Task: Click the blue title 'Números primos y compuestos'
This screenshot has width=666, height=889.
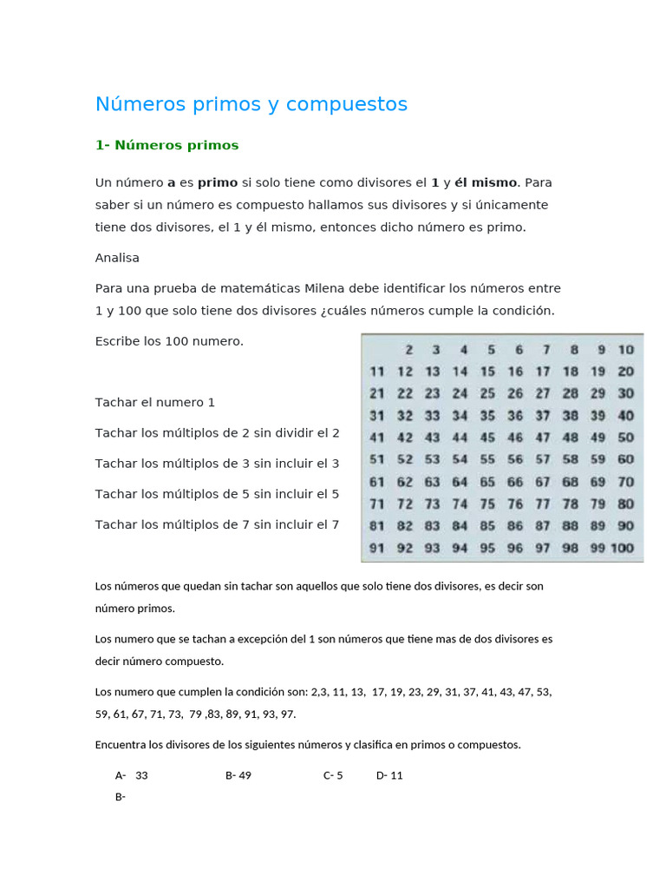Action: click(x=251, y=104)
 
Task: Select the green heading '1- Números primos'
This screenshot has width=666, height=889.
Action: click(x=166, y=145)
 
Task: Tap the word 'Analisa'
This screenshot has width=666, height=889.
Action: click(x=117, y=258)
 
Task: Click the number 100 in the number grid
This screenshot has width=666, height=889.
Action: click(x=622, y=548)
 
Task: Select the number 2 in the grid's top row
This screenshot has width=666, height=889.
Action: click(x=408, y=350)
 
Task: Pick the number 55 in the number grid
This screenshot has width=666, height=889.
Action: click(x=487, y=459)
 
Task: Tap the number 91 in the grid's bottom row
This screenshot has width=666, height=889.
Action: click(x=377, y=548)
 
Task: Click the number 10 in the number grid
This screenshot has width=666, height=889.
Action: click(x=625, y=350)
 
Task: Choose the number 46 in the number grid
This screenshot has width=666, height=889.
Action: click(x=515, y=438)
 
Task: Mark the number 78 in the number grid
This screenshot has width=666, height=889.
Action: click(x=570, y=504)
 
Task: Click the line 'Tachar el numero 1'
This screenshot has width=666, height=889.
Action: click(x=155, y=403)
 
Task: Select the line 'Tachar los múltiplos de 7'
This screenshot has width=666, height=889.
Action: click(x=217, y=524)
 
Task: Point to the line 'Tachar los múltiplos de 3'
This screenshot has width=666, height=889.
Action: click(x=217, y=464)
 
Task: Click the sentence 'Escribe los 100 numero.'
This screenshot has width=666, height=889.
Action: click(x=169, y=341)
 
